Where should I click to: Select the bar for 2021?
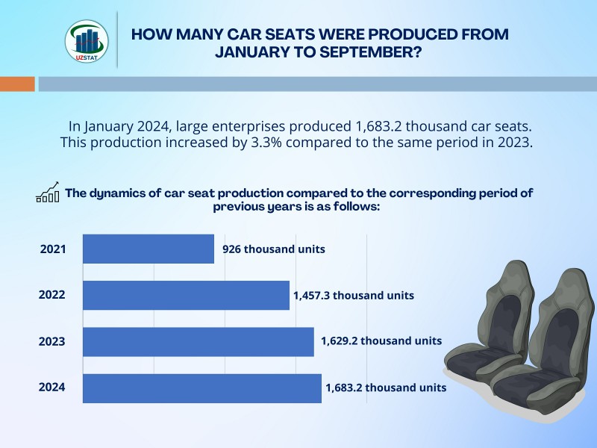[x=148, y=249]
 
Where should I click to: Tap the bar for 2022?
[x=186, y=295]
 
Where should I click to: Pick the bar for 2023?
[x=198, y=341]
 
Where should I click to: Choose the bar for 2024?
[x=201, y=388]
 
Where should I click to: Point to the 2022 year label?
[x=52, y=295]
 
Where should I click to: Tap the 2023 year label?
[x=52, y=341]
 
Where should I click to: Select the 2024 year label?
[x=52, y=388]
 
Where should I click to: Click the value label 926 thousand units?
[x=274, y=249]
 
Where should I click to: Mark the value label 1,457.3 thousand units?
[x=353, y=296]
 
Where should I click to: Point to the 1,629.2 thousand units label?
[x=381, y=340]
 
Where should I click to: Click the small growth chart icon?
[x=48, y=193]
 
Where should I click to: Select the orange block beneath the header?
[x=17, y=84]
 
